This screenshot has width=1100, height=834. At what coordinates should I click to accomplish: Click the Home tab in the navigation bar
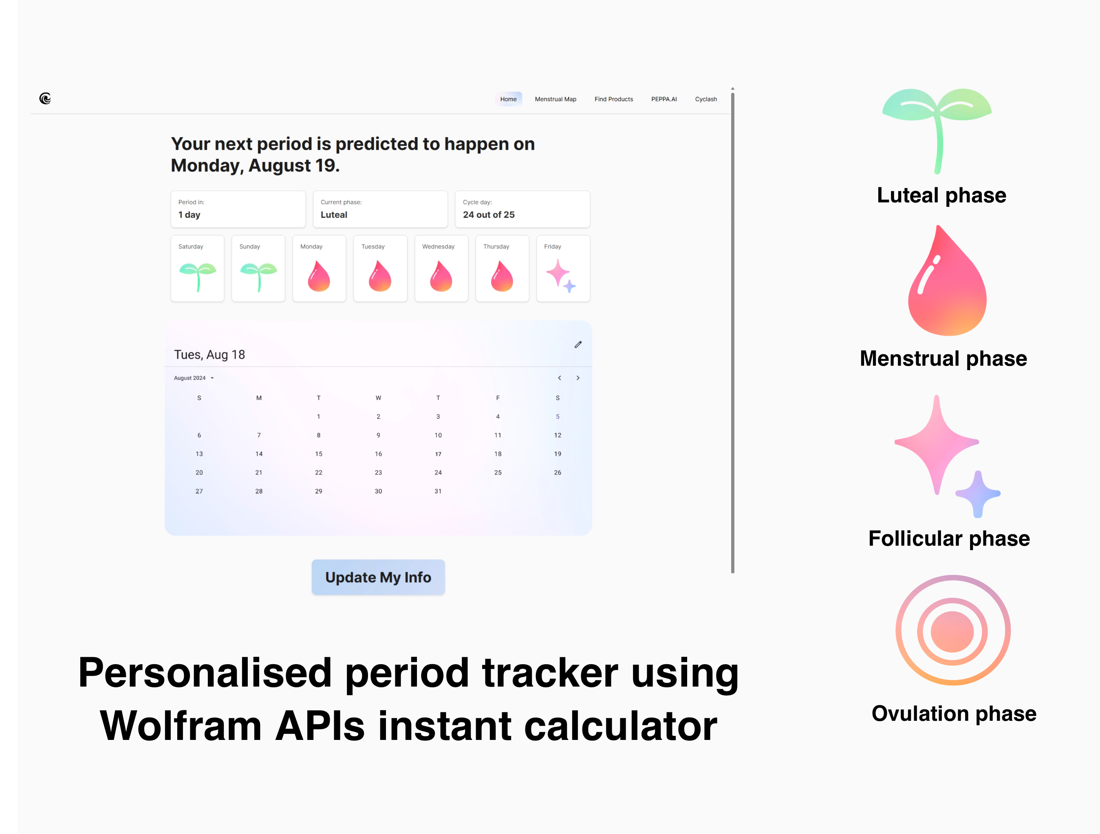(x=508, y=99)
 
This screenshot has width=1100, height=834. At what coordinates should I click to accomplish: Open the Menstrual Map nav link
(x=556, y=99)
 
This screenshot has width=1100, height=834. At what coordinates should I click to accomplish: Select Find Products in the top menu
(x=614, y=99)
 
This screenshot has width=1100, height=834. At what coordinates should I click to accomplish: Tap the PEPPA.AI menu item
(x=664, y=99)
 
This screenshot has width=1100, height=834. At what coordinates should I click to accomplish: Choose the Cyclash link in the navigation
(x=705, y=99)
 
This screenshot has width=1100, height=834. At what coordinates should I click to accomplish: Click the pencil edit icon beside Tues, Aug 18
(x=578, y=345)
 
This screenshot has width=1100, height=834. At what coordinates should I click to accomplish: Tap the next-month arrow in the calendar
(x=578, y=378)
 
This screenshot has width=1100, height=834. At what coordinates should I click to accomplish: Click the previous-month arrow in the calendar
(x=560, y=378)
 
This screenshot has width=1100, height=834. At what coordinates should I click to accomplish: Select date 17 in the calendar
(x=438, y=454)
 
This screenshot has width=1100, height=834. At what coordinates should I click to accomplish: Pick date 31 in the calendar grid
(x=438, y=491)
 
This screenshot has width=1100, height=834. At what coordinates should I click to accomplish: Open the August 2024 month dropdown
(x=194, y=378)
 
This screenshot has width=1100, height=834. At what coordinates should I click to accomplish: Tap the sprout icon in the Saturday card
(x=197, y=277)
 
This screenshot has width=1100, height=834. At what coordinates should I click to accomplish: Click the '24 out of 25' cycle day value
(x=489, y=215)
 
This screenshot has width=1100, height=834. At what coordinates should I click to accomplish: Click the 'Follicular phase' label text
(x=949, y=538)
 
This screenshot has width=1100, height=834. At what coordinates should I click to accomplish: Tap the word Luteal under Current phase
(x=334, y=215)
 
